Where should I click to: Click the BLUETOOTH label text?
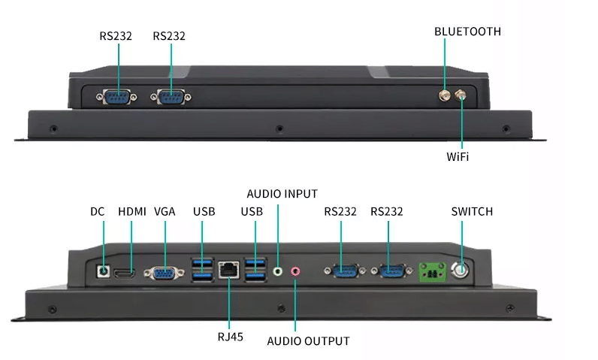[x=467, y=32]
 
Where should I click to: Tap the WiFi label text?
[x=458, y=156]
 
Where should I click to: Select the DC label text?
[x=97, y=211]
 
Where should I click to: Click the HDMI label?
[x=131, y=211]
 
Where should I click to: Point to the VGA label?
[x=165, y=211]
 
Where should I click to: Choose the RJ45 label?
[x=231, y=337]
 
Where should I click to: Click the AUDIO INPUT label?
[x=282, y=193]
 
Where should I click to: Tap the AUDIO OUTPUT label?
[x=308, y=340]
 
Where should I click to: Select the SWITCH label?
[x=472, y=211]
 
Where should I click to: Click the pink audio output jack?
[x=295, y=272]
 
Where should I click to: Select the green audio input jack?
[x=279, y=271]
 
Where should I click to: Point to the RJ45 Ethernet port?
[x=228, y=270]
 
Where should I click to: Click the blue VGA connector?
[x=162, y=274]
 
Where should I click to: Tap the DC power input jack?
[x=104, y=268]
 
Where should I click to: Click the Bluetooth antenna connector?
[x=445, y=95]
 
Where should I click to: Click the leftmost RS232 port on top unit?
[x=117, y=96]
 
